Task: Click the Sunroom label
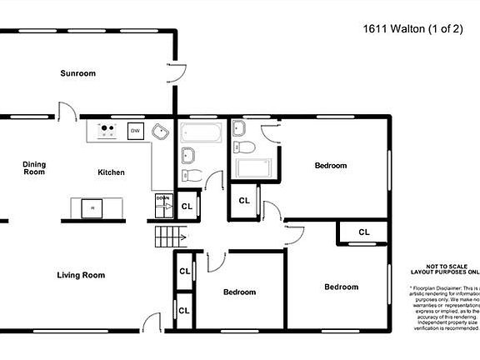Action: coord(77,73)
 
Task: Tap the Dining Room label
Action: coord(33,167)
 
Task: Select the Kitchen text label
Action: coord(111,172)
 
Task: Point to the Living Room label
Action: coord(81,275)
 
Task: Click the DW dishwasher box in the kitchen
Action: coord(134,131)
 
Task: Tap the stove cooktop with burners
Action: coord(107,131)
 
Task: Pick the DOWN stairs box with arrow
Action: coord(163,202)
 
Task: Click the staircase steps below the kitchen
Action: coord(167,237)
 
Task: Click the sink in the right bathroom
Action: coord(239,127)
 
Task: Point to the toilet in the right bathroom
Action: coord(244,147)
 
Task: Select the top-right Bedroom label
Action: coord(330,166)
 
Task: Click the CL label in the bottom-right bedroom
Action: coord(364,232)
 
